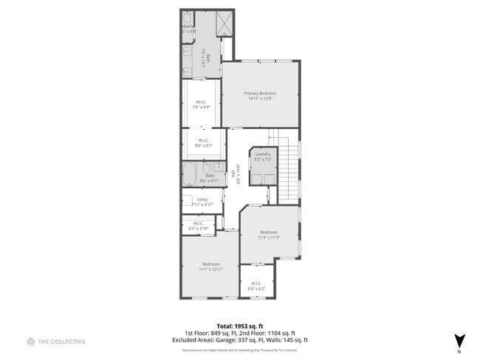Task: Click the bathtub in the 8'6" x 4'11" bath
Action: click(190, 176)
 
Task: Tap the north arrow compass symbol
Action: click(460, 340)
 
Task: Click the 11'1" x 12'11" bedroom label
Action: click(211, 266)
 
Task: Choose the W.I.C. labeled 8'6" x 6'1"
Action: click(204, 142)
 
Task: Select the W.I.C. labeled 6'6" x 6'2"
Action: click(256, 285)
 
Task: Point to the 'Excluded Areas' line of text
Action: click(240, 340)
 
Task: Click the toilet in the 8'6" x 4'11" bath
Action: click(218, 167)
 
